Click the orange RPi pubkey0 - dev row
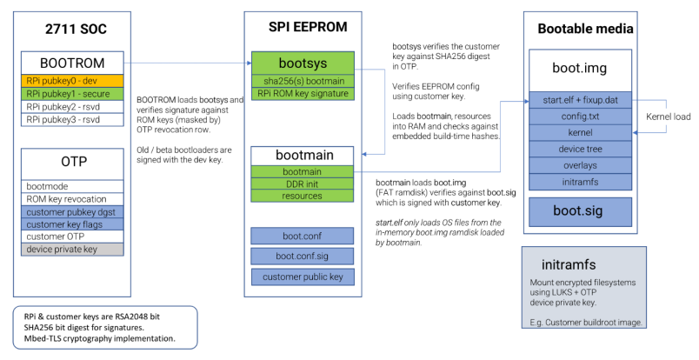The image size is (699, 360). (73, 80)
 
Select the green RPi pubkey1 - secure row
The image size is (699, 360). (73, 92)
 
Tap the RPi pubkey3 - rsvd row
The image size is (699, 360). (73, 119)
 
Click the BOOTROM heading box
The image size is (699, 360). (73, 63)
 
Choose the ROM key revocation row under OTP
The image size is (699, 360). (73, 199)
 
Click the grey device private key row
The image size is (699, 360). (73, 248)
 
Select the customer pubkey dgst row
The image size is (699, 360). (73, 211)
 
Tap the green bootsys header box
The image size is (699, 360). (301, 63)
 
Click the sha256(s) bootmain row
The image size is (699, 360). (301, 81)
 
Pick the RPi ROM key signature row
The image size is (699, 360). (301, 93)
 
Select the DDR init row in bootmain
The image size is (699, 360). (301, 183)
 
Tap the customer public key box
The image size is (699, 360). (301, 277)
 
